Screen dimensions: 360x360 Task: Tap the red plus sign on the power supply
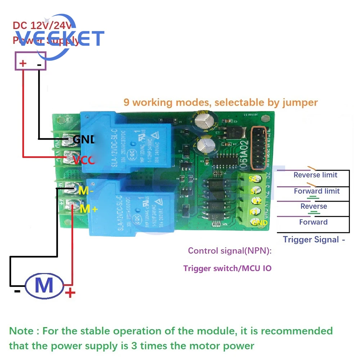(x=23, y=64)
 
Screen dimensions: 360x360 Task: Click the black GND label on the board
(x=83, y=139)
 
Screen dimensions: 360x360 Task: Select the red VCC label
(x=84, y=159)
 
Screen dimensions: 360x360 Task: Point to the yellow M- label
(x=86, y=191)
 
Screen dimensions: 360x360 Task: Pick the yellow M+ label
(x=89, y=208)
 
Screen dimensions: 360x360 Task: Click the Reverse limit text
(x=315, y=175)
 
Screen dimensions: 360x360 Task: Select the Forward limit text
(x=317, y=191)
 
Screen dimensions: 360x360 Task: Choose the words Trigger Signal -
(x=314, y=239)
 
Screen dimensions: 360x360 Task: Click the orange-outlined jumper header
(x=259, y=148)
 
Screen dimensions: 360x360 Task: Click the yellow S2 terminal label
(x=253, y=179)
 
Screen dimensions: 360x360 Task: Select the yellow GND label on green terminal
(x=260, y=223)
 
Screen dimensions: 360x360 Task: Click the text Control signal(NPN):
(x=230, y=251)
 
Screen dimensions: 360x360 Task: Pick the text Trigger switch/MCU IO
(x=227, y=268)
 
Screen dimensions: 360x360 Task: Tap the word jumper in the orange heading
(x=301, y=102)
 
